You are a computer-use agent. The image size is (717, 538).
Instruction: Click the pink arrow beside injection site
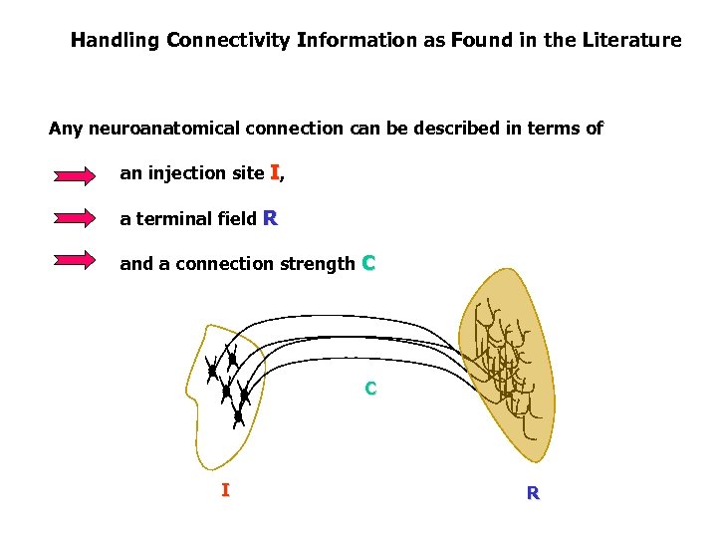[75, 176]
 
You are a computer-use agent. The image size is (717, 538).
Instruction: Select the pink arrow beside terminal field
[75, 218]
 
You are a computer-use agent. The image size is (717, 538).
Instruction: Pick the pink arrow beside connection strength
[75, 261]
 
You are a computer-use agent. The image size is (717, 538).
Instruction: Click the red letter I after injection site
[275, 172]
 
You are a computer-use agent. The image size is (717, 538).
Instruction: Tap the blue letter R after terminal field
[269, 218]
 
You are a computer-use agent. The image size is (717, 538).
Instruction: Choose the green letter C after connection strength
[368, 263]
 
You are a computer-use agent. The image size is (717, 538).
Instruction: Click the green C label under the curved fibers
[369, 389]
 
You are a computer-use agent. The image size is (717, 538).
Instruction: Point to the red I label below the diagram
[225, 489]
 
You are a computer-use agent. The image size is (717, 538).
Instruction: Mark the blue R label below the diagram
[533, 492]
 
